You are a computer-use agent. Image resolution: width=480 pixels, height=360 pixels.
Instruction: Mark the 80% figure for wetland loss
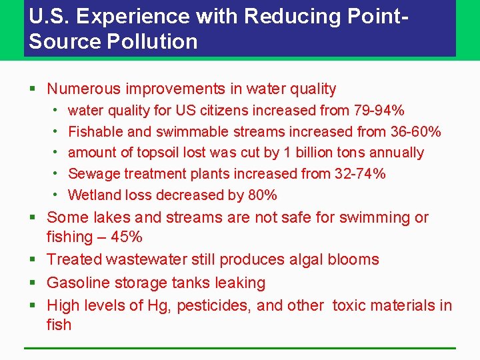pos(261,195)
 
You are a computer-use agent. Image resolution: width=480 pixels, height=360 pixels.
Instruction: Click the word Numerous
pos(83,89)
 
